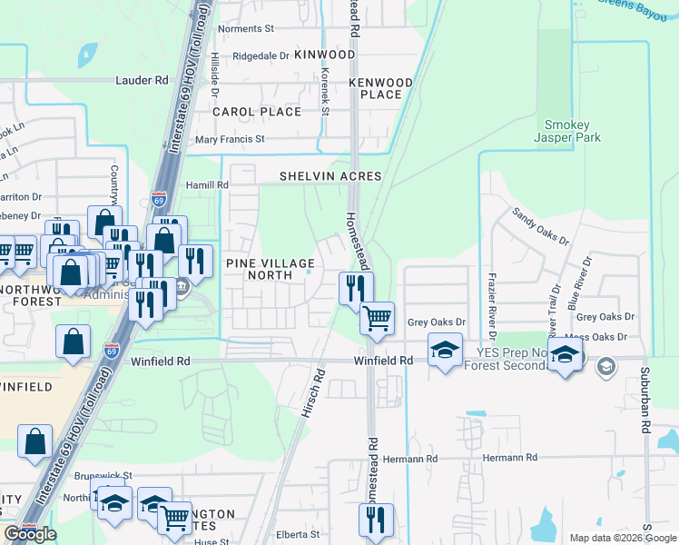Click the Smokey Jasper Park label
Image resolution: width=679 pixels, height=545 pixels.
tap(572, 132)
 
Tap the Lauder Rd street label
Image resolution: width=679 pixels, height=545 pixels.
tap(142, 80)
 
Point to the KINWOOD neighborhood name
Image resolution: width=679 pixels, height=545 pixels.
tap(325, 55)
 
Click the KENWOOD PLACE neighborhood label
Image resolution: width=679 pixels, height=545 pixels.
tap(381, 88)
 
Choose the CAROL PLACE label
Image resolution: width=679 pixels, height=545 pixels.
tap(256, 112)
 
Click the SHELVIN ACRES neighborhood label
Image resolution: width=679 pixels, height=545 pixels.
tap(330, 175)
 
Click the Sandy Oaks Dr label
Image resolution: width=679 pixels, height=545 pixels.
tap(539, 226)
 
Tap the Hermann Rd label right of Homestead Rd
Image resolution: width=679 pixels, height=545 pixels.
tap(510, 458)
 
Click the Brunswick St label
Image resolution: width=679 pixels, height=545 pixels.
tap(103, 475)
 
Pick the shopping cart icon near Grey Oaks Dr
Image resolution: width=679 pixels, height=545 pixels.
tap(377, 319)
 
